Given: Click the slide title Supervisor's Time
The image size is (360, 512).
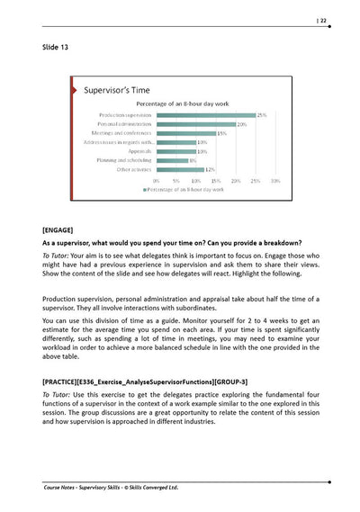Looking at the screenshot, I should pyautogui.click(x=116, y=91).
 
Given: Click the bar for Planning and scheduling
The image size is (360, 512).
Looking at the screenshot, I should pyautogui.click(x=172, y=159).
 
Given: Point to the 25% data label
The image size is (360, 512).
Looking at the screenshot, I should pyautogui.click(x=262, y=115).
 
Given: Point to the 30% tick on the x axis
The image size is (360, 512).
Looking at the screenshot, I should pyautogui.click(x=275, y=181).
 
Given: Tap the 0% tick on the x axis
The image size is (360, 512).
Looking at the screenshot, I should pyautogui.click(x=157, y=181).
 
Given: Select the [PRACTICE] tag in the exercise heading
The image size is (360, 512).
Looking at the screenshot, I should pyautogui.click(x=64, y=381).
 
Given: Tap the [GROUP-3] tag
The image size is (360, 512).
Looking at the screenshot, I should pyautogui.click(x=229, y=381).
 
